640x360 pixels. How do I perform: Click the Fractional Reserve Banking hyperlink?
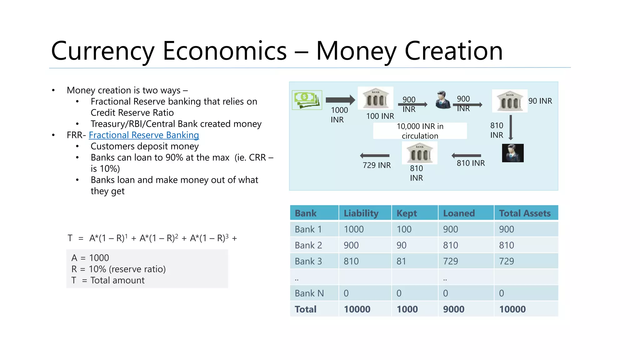[144, 135]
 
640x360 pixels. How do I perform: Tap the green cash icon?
[307, 100]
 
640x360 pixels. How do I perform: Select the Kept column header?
[407, 213]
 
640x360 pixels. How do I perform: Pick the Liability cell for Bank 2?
[351, 245]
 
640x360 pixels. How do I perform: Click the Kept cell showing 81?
[401, 261]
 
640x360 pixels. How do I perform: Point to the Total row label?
[306, 309]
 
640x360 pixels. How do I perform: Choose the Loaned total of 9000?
[453, 309]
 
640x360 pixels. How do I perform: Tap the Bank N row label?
[309, 293]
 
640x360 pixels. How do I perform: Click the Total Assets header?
[525, 213]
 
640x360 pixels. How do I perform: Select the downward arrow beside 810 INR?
[511, 127]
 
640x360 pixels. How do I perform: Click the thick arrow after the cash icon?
[340, 100]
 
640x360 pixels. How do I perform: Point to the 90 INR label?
[540, 101]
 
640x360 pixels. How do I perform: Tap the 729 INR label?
[377, 165]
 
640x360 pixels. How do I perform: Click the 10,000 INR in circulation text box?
[420, 131]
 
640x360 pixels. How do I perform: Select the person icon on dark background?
[512, 153]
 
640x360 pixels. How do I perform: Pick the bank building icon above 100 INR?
[376, 98]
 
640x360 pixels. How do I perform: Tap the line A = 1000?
[90, 258]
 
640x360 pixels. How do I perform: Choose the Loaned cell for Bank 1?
[450, 229]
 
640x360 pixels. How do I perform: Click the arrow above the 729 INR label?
[374, 155]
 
